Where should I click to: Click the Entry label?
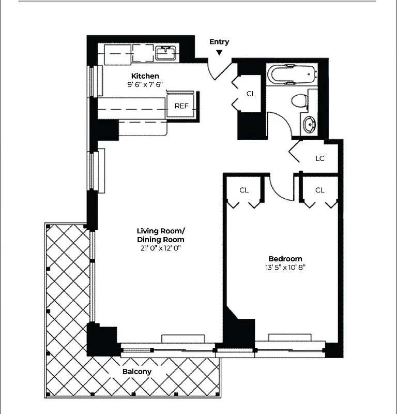pos(219,42)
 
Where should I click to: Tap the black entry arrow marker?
pos(219,52)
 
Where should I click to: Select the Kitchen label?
pos(145,76)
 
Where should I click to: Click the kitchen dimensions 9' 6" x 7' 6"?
pos(145,84)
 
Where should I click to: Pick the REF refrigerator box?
pos(181,106)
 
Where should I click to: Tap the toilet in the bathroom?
pos(299,100)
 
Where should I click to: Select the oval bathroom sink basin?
pos(309,124)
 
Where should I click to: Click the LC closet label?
pos(320,158)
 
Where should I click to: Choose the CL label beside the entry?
pos(251,94)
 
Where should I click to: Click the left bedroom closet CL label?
pos(244,190)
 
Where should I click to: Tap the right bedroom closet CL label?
pos(319,190)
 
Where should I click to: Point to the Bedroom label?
pos(285,259)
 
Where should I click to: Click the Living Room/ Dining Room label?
pos(160,235)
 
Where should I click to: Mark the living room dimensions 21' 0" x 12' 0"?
pos(160,248)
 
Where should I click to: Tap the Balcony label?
pos(137,372)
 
